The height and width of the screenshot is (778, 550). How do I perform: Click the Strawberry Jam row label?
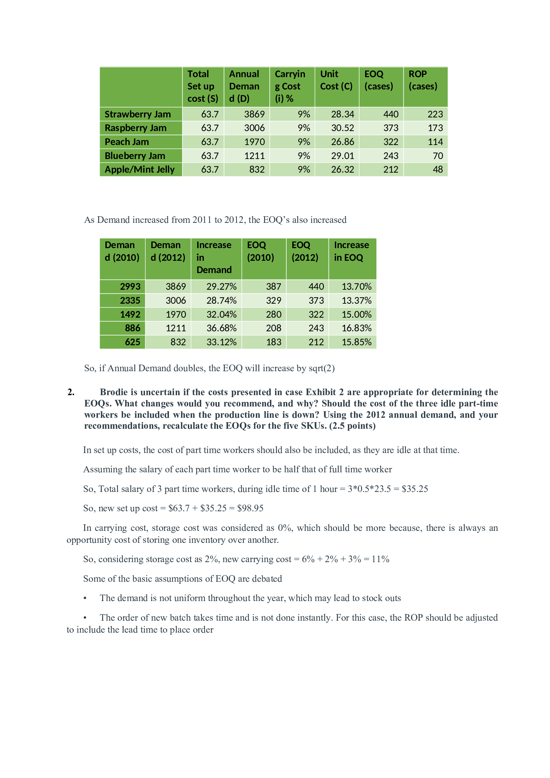pyautogui.click(x=138, y=114)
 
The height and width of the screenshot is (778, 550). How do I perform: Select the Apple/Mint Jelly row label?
pyautogui.click(x=140, y=169)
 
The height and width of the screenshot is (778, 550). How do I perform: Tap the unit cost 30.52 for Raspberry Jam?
pyautogui.click(x=343, y=128)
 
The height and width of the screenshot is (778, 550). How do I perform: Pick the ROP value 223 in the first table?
pyautogui.click(x=435, y=114)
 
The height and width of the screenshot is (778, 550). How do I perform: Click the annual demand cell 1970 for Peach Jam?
pyautogui.click(x=254, y=142)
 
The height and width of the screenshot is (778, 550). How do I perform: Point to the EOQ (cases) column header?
pyautogui.click(x=379, y=80)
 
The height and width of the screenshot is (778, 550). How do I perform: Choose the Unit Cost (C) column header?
pyautogui.click(x=336, y=80)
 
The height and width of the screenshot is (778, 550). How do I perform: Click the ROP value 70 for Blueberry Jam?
pyautogui.click(x=438, y=156)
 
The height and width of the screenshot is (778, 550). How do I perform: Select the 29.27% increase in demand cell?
pyautogui.click(x=221, y=287)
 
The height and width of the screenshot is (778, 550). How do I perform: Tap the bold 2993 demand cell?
pyautogui.click(x=130, y=287)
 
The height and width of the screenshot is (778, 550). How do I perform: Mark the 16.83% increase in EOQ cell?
pyautogui.click(x=356, y=328)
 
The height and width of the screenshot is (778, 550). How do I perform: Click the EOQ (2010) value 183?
pyautogui.click(x=273, y=342)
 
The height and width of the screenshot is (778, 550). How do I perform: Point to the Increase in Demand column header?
pyautogui.click(x=214, y=257)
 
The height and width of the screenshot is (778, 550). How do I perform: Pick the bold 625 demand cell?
pyautogui.click(x=132, y=342)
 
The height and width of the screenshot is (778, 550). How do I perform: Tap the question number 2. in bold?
pyautogui.click(x=71, y=392)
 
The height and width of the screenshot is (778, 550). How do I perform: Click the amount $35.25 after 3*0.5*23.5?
pyautogui.click(x=415, y=489)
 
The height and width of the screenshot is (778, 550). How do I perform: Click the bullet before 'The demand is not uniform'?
pyautogui.click(x=85, y=598)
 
